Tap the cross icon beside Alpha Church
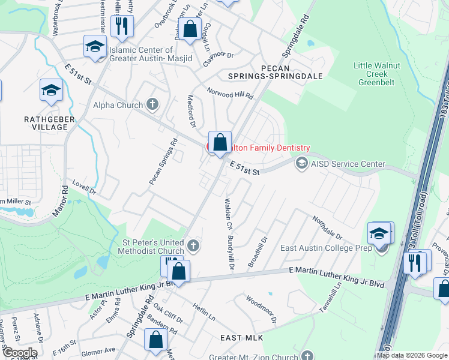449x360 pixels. point(152,104)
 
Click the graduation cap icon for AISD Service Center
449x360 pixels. point(301,163)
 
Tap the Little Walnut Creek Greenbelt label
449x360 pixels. point(372,74)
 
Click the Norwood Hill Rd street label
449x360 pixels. point(230,92)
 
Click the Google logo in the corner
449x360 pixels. point(20,353)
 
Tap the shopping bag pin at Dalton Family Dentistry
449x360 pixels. point(220,143)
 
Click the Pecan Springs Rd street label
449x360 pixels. point(163,161)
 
